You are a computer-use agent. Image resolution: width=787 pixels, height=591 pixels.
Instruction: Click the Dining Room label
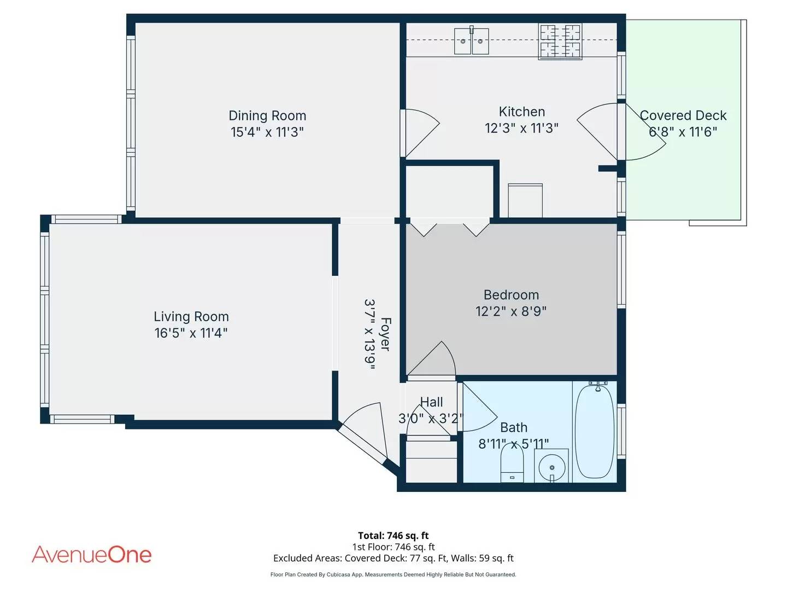[267, 116]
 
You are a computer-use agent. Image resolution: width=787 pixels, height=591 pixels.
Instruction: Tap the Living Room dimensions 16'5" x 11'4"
[191, 333]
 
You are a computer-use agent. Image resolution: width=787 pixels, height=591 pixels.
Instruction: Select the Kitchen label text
[521, 112]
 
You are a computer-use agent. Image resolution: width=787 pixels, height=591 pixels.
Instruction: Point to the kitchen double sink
[471, 41]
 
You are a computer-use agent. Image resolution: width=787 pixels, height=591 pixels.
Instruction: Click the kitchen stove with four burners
[560, 41]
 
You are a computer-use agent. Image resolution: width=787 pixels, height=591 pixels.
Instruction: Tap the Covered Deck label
[683, 116]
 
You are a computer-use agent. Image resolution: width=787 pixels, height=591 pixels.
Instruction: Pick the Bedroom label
[511, 295]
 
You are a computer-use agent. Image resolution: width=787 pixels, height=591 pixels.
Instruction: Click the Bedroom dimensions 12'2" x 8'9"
[511, 311]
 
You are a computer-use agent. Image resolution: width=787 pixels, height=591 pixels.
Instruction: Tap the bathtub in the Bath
[595, 432]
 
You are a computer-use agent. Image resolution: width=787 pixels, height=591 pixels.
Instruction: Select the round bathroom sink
[552, 467]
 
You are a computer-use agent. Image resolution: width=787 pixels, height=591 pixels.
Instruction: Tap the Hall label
[431, 402]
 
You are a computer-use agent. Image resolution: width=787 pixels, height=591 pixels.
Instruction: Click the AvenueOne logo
[92, 554]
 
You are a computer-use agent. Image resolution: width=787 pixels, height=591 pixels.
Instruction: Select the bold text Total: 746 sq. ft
[393, 536]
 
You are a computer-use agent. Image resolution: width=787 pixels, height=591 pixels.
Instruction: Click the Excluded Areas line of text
[393, 558]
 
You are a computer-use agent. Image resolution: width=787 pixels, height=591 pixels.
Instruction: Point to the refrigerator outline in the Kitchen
[525, 201]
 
